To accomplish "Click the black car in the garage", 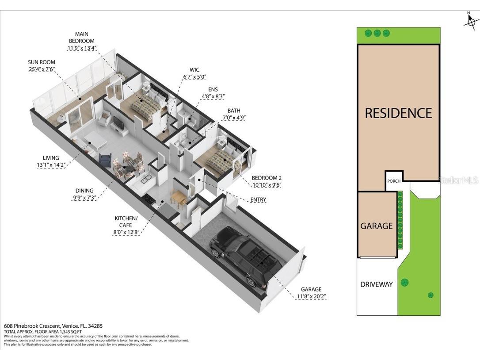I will pos(245,257).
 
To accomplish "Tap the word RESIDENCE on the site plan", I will pos(398,113).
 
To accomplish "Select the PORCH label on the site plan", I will pos(393,181).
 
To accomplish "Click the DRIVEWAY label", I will pos(376,284).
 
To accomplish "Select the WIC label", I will pos(194,70).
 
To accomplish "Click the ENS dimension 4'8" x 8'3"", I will pos(213,96).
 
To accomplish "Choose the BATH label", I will pos(234,111).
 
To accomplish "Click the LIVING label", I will pos(51,158).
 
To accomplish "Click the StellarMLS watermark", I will pos(458,180).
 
